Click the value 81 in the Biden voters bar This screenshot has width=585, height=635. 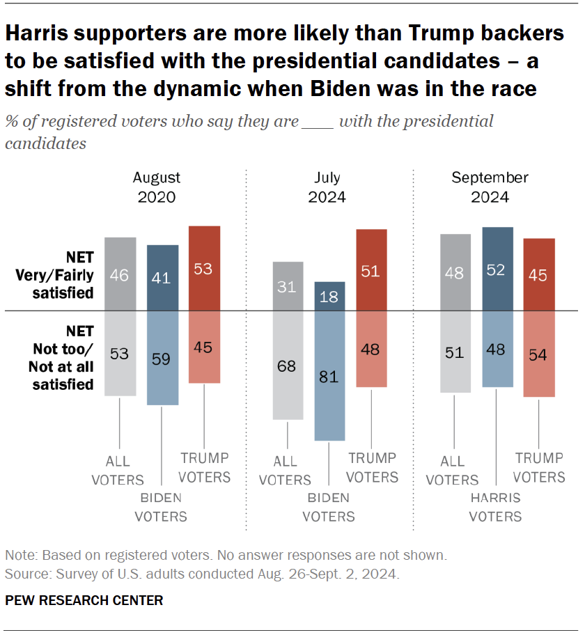pos(329,377)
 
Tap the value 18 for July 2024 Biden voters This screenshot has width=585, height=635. pos(329,297)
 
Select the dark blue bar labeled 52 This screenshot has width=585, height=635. pos(497,268)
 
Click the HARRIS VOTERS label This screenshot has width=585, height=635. pos(495,507)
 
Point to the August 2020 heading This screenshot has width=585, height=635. pos(157,187)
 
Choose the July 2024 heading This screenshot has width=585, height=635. pos(327,187)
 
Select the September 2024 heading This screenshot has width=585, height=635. pos(490,187)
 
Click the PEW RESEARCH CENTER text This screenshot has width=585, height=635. pos(84,600)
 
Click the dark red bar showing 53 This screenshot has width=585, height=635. pos(205,268)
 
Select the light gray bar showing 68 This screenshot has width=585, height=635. pos(288,365)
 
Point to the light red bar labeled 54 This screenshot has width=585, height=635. pos(539,354)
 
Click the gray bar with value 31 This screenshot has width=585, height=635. pos(288,286)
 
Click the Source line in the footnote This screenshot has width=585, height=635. pos(202,574)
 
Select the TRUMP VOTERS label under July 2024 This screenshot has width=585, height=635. pos(372,468)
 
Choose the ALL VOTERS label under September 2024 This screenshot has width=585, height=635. pos(452,471)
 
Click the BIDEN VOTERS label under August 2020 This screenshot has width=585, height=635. pos(161,507)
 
